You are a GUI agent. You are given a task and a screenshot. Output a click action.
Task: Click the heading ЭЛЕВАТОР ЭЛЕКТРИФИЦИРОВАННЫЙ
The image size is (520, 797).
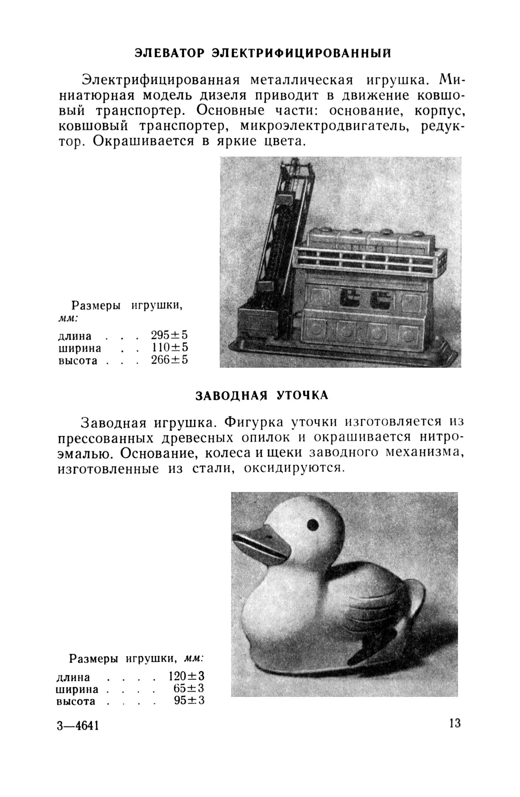[x=262, y=54]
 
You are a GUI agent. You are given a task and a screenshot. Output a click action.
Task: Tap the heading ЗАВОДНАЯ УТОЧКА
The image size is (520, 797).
[x=261, y=395]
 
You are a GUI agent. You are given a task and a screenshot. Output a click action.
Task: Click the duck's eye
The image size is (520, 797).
[x=313, y=524]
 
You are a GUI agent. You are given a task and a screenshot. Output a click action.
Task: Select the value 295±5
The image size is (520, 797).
[x=169, y=335]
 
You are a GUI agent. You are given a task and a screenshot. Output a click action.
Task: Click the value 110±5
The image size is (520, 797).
[x=169, y=348]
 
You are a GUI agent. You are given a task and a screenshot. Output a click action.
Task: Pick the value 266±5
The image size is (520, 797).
[x=169, y=360]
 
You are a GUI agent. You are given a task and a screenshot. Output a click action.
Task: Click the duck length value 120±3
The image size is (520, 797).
[x=186, y=676]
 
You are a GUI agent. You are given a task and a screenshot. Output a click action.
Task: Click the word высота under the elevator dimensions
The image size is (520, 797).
[x=78, y=360]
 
